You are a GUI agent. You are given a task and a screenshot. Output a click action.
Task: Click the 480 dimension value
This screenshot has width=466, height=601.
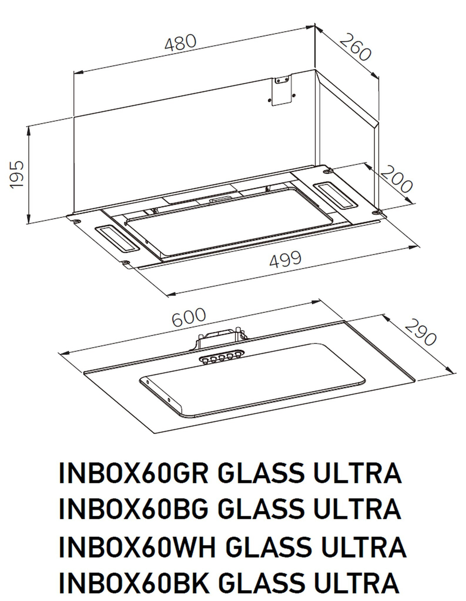pos(180,43)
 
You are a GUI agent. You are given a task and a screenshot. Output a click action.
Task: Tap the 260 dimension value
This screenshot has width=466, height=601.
pos(355,47)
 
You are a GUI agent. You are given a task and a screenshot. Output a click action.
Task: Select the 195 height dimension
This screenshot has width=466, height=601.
pos(17,175)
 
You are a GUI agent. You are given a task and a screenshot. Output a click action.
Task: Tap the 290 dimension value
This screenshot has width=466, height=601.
pos(420,332)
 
